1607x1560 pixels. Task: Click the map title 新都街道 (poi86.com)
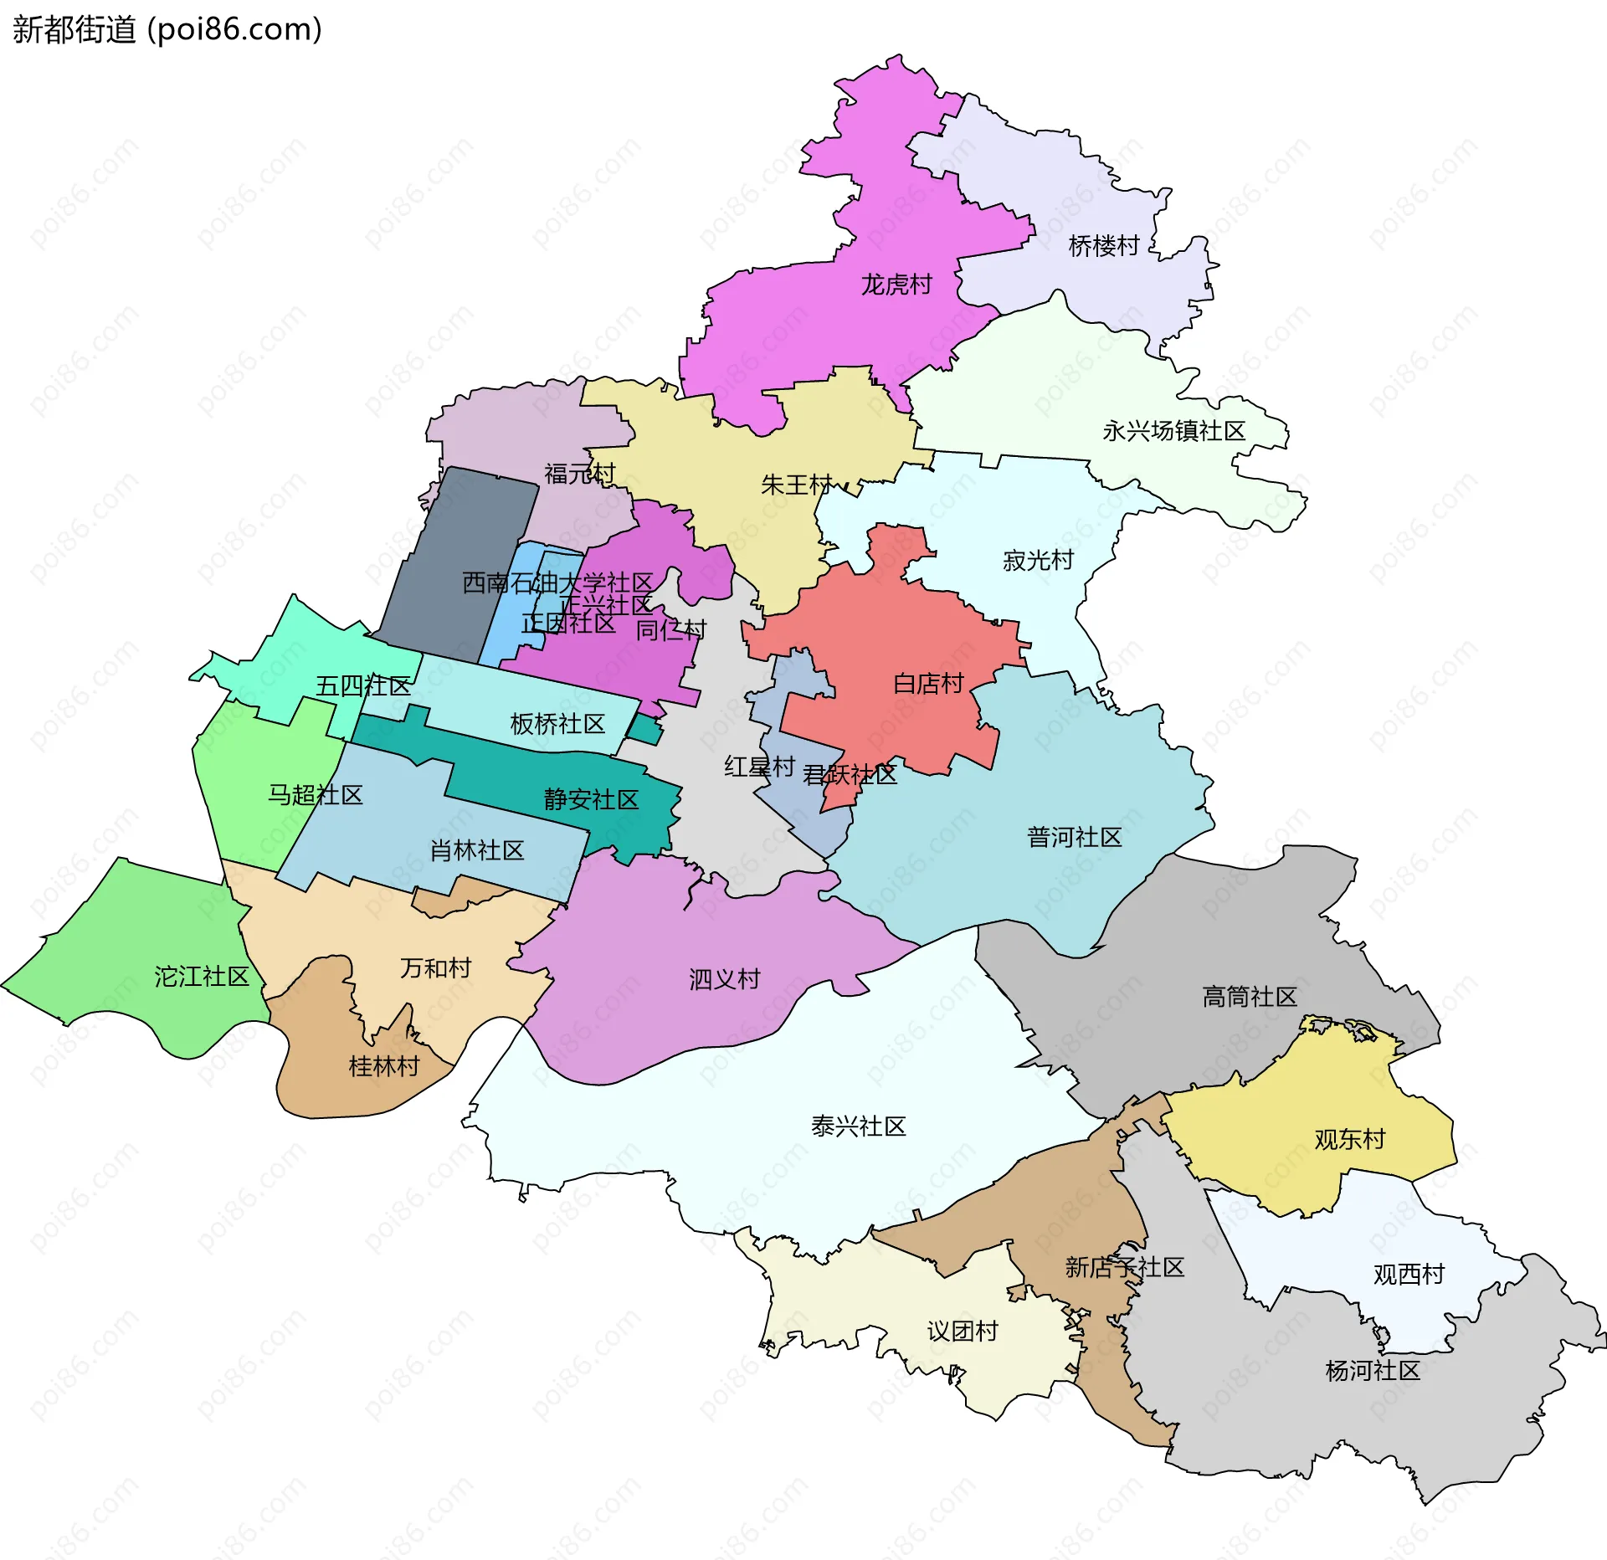167,30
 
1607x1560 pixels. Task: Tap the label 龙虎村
896,285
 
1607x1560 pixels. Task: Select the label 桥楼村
1104,246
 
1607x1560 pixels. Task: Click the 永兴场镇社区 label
1173,431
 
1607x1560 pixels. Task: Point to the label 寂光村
1038,561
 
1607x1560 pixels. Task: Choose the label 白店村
928,684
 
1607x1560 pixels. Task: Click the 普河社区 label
1074,837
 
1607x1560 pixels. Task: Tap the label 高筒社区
1249,997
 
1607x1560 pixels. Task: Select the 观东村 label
1349,1139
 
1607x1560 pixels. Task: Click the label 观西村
1409,1274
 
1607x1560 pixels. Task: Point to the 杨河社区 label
1373,1371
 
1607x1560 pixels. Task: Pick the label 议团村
963,1331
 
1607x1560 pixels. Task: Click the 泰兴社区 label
858,1126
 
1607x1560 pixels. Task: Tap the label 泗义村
724,979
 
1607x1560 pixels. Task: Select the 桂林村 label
384,1066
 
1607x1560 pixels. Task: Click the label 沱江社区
202,977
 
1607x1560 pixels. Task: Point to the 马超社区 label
315,795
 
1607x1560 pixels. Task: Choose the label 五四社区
362,686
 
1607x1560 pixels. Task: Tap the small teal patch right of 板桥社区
645,730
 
